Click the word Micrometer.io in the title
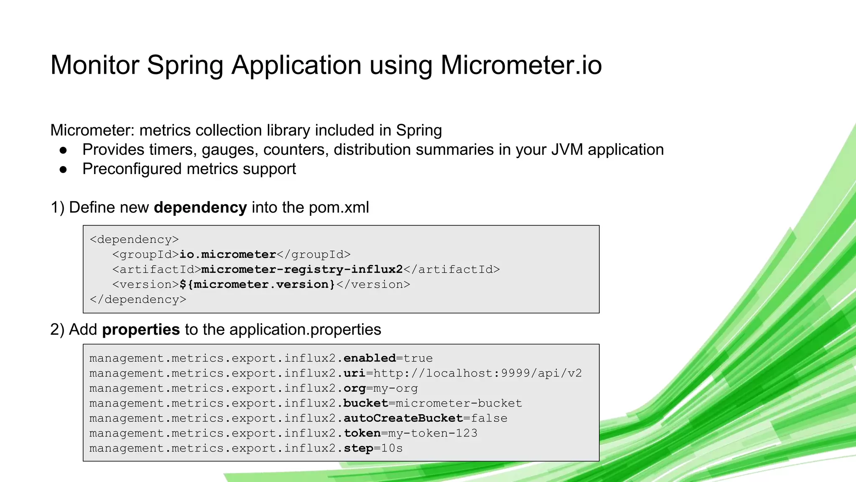521,65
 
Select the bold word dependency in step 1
200,208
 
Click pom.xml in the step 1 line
339,208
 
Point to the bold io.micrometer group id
228,254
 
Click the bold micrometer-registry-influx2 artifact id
302,269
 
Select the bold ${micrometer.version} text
257,285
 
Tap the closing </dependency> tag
138,300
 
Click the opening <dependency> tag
134,239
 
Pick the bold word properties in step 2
141,330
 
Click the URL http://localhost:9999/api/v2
477,373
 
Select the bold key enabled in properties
369,358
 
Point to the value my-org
395,388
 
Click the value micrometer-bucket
459,403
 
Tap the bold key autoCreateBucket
403,418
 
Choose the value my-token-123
433,433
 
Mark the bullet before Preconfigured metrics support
64,169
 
